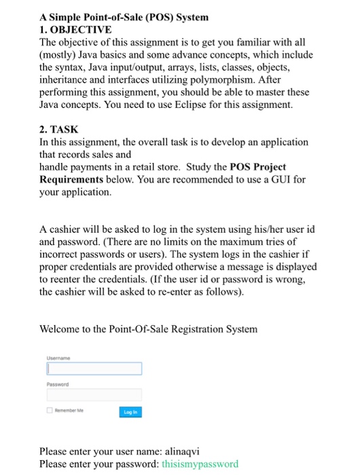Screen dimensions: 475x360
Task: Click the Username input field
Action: (94, 368)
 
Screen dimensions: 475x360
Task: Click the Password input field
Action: (94, 394)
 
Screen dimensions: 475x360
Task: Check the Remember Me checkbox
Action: (50, 411)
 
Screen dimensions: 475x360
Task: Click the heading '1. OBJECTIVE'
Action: (75, 31)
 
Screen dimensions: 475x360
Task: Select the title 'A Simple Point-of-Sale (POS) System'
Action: (124, 17)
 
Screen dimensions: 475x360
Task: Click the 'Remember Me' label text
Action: (71, 411)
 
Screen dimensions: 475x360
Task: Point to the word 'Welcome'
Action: (63, 329)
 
